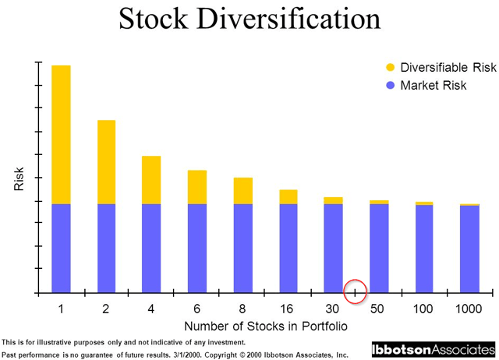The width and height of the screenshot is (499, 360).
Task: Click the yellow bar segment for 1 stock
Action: (x=61, y=134)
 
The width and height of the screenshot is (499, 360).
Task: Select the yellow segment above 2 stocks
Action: (x=106, y=161)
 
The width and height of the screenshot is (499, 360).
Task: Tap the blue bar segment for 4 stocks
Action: (x=151, y=248)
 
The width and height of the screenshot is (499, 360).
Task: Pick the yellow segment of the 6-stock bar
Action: (x=197, y=187)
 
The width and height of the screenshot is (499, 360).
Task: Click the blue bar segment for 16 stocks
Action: (x=288, y=248)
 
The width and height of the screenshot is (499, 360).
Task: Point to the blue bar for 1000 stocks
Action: (x=469, y=249)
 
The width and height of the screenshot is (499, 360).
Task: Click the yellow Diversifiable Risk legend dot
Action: (x=390, y=67)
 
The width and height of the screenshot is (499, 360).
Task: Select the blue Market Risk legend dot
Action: (x=390, y=85)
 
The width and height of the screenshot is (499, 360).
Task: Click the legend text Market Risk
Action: (x=434, y=85)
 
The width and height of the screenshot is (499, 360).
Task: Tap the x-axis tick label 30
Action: (x=333, y=309)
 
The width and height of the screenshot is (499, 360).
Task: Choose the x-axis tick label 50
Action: (x=378, y=309)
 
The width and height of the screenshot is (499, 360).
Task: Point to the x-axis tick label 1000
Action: (x=469, y=309)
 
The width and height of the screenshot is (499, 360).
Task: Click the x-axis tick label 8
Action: (x=242, y=309)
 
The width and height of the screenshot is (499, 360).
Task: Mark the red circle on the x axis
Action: (x=356, y=291)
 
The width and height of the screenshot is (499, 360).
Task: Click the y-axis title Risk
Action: (x=19, y=180)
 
